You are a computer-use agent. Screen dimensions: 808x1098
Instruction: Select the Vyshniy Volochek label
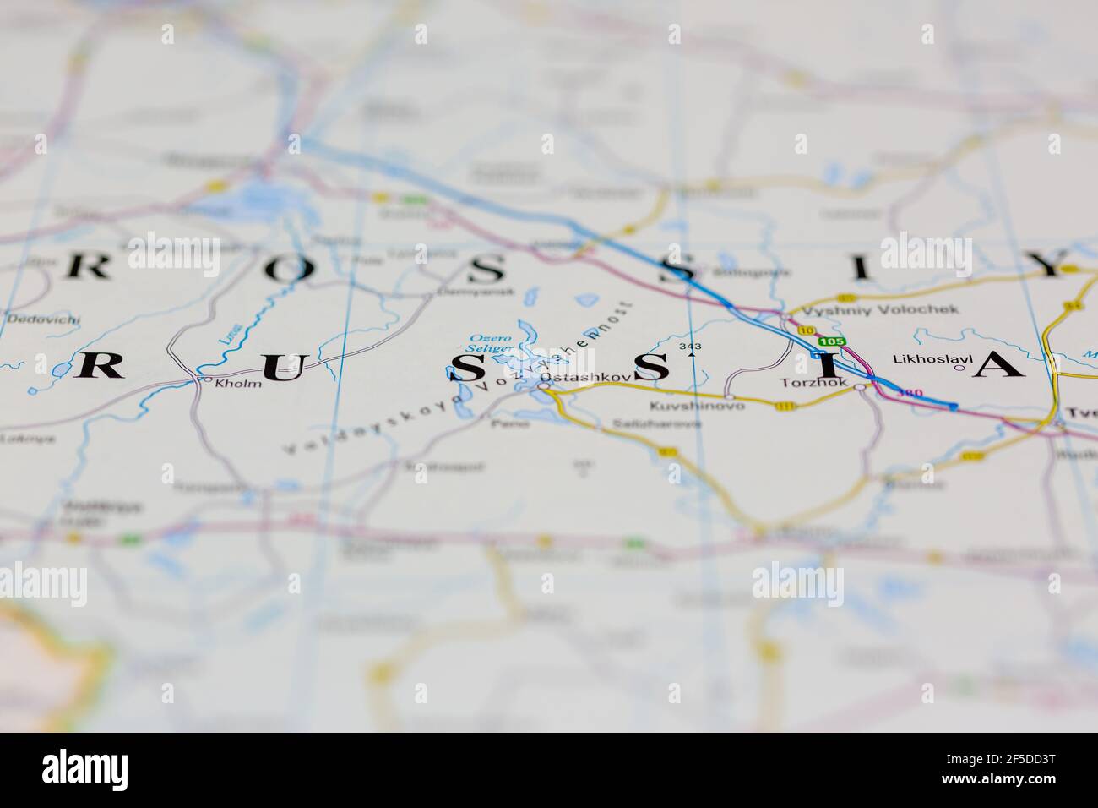coord(880,309)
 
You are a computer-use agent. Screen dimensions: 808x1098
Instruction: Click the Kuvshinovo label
coord(697,407)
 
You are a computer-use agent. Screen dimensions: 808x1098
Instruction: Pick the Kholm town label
coord(239,383)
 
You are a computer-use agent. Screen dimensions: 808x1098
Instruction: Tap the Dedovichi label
coord(43,319)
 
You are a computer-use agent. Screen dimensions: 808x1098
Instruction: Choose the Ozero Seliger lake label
coord(491,341)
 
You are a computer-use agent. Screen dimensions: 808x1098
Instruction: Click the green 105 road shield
coord(831,341)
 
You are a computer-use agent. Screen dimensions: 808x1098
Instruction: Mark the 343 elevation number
coord(690,347)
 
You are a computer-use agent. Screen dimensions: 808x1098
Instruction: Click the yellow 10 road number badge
coord(807,330)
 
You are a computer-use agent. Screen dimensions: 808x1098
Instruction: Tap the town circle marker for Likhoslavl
coord(959,368)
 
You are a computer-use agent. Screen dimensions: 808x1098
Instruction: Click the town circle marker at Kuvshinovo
coord(729,396)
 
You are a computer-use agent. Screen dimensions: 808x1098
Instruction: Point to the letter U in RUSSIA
coord(280,367)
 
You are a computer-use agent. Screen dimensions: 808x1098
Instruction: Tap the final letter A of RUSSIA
coord(999,364)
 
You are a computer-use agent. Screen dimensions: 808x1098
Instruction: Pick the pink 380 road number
coord(910,394)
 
